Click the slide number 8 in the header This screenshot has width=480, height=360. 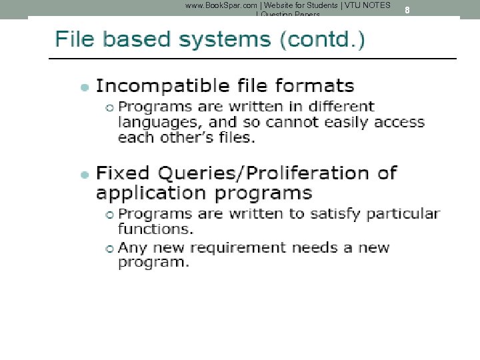click(407, 10)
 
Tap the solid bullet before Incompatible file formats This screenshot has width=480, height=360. click(84, 87)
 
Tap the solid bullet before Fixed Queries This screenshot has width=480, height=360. click(84, 175)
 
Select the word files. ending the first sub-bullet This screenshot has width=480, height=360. click(234, 138)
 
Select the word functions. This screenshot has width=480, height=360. click(155, 229)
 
